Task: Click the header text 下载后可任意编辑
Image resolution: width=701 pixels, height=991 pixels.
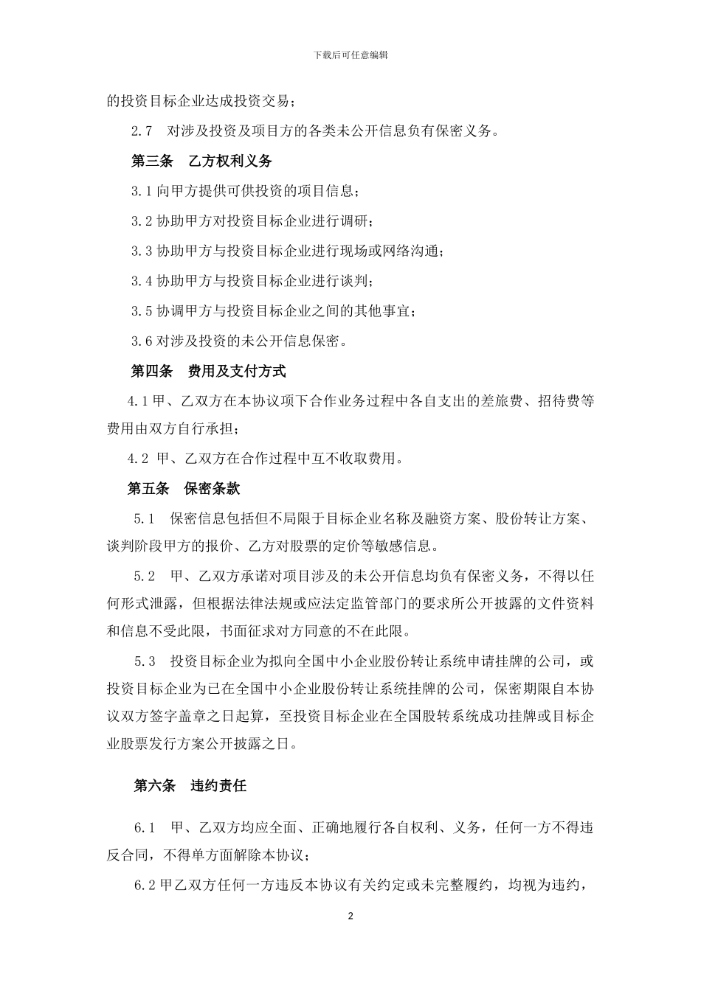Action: point(350,55)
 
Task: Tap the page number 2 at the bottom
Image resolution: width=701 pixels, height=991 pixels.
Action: point(350,917)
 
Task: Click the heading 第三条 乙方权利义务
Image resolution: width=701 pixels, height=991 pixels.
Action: point(201,161)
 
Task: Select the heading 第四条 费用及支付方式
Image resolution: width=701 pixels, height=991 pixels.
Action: point(208,370)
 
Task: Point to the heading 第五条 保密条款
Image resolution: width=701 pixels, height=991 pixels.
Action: point(184,488)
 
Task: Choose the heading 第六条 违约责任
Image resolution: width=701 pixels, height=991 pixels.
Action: point(190,786)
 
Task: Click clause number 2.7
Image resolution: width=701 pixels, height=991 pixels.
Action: point(142,131)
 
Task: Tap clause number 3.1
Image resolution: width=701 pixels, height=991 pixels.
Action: point(142,191)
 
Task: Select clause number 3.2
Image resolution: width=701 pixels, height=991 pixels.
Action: point(142,221)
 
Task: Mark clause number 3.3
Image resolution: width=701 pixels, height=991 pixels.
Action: point(142,251)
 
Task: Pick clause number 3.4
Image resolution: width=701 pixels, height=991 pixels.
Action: point(142,281)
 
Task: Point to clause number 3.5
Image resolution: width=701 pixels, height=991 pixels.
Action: point(142,310)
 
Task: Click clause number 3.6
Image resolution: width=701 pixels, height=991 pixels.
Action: point(142,341)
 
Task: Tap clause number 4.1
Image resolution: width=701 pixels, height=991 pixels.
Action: point(137,400)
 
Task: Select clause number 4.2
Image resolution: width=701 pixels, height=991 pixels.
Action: point(137,459)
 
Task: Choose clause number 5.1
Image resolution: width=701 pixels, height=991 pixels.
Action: point(145,518)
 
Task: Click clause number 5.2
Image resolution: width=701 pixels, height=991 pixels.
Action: point(145,575)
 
